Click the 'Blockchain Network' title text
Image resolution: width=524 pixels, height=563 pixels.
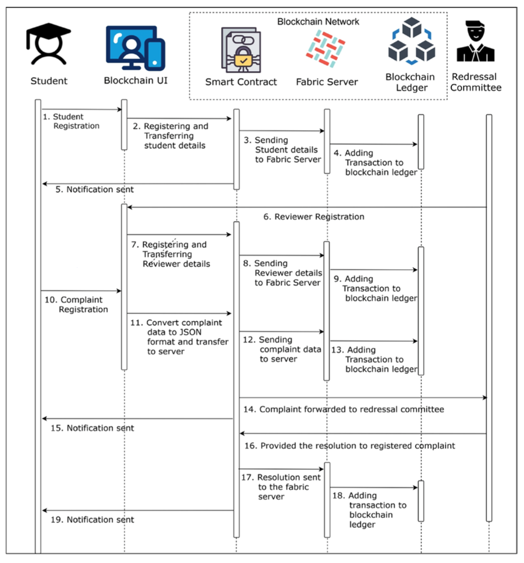coord(318,21)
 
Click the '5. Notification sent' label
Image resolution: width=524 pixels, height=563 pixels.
coord(94,189)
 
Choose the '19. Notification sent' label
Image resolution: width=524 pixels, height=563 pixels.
coord(93,520)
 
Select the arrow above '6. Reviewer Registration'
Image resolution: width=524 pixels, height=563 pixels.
coord(307,207)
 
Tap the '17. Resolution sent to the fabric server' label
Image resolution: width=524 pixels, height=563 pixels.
coord(283,487)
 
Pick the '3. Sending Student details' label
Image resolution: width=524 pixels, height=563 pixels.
coord(286,150)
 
